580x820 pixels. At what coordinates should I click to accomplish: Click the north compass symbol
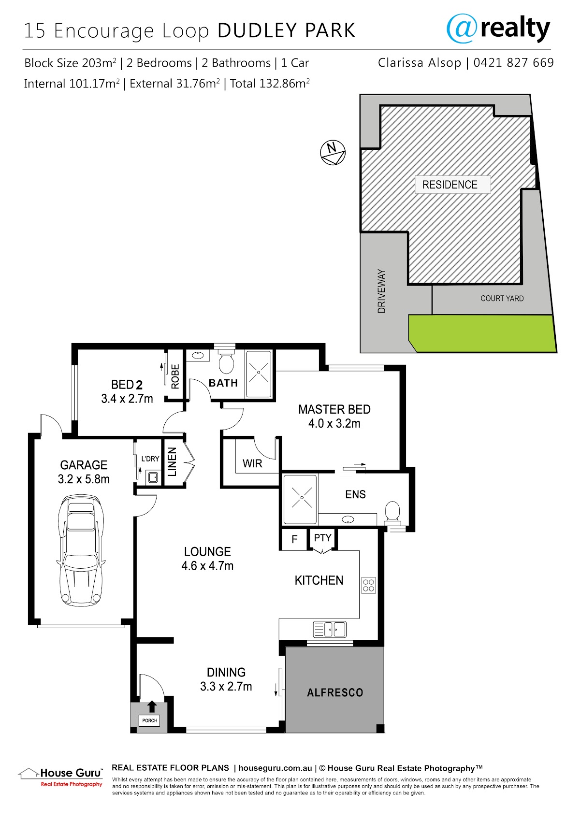pos(333,152)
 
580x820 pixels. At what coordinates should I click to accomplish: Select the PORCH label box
pos(149,720)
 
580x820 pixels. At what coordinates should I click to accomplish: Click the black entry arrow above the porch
pos(152,707)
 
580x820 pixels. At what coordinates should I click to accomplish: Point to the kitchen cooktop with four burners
pos(368,585)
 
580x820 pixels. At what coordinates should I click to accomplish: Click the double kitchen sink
pos(330,630)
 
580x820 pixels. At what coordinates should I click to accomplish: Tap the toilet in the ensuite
pos(392,512)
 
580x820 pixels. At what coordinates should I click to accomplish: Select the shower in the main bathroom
pos(259,374)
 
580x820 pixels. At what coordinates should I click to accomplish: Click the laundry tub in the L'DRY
pos(153,477)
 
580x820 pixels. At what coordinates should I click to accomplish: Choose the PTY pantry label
pos(322,538)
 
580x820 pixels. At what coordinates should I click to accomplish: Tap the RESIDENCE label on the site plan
pos(449,185)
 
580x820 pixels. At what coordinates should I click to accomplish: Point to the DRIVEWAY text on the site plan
pos(381,291)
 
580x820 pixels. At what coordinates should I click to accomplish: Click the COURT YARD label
pos(502,298)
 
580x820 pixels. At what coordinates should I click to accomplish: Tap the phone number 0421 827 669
pos(513,63)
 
